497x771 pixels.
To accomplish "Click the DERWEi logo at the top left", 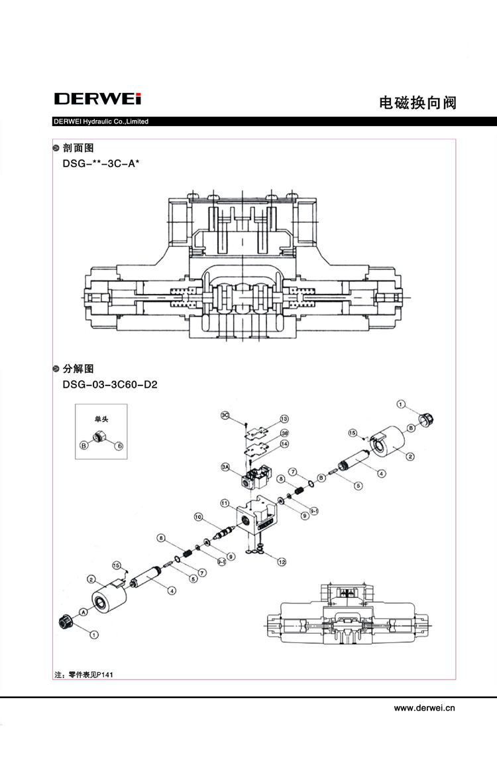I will tap(97, 100).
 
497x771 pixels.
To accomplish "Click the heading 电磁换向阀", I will tap(417, 104).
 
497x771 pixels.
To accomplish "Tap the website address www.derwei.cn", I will tap(425, 708).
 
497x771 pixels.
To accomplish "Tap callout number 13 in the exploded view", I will tap(284, 419).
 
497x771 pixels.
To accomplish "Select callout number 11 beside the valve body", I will tap(225, 503).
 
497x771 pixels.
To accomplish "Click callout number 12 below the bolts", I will tap(282, 562).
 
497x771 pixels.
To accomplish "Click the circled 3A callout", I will tap(225, 468).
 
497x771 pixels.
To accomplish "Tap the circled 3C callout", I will tap(225, 415).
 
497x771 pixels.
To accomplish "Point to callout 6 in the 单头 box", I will tap(119, 446).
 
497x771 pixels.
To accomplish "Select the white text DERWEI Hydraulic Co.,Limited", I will tap(100, 121).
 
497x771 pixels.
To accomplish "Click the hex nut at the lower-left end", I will tap(65, 622).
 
